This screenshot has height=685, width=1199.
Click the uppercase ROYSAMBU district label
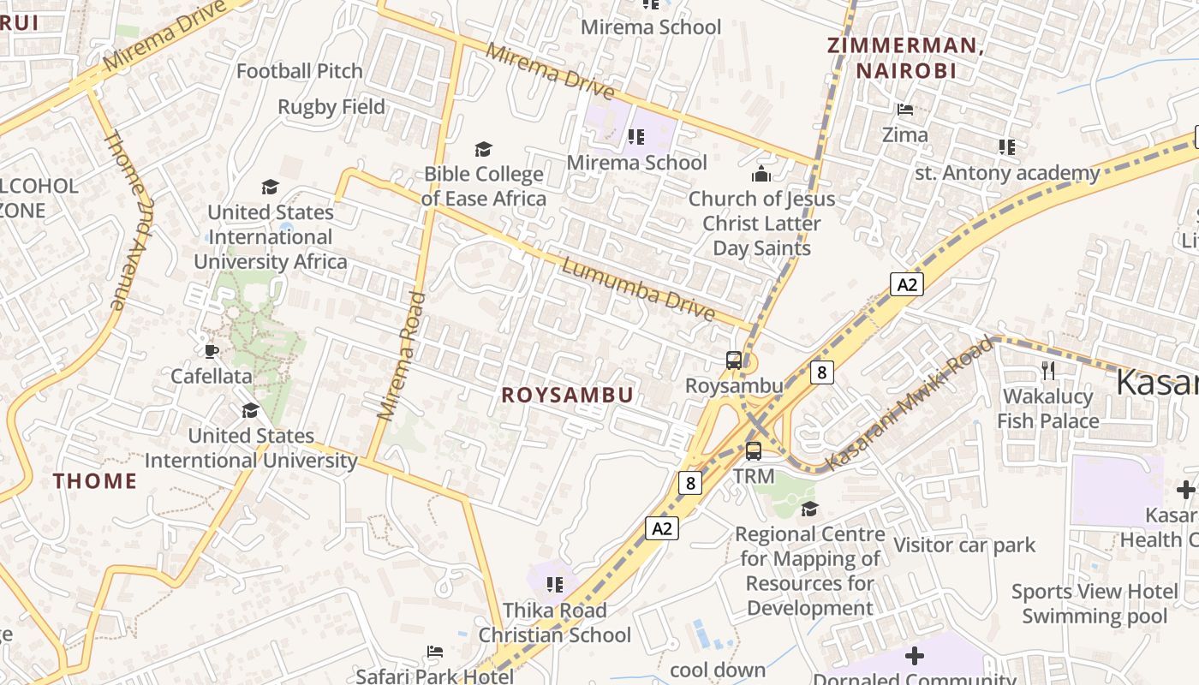(567, 395)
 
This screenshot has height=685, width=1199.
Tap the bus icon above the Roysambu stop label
(734, 360)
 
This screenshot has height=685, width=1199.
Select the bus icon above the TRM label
(754, 450)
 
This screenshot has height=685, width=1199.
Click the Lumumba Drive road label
(638, 290)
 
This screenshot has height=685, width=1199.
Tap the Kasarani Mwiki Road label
(910, 404)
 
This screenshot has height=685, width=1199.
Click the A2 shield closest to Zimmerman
(906, 284)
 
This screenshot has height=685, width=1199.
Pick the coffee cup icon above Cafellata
(212, 351)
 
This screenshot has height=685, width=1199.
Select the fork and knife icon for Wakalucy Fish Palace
(1047, 370)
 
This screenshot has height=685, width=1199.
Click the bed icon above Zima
(904, 110)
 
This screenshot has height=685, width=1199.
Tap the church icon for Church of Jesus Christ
(761, 175)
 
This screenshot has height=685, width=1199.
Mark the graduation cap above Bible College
(484, 150)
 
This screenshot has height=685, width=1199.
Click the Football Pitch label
(300, 71)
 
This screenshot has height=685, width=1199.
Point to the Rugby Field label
(331, 107)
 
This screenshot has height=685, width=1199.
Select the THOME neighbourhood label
(95, 481)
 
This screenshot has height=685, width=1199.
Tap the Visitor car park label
(964, 545)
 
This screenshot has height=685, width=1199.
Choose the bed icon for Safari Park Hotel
(435, 652)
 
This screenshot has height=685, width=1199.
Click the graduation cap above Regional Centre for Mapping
(809, 509)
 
